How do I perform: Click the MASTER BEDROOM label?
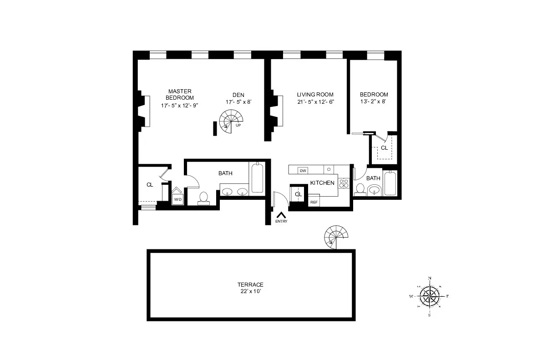point(180,95)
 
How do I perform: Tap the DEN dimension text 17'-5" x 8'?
point(238,102)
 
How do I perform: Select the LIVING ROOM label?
point(315,95)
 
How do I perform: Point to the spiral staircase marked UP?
point(231,122)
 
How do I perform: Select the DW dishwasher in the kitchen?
point(303,171)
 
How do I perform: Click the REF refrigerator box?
point(314,202)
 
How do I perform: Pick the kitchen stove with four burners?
point(344,183)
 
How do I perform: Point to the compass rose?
point(430,296)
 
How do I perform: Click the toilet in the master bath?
point(203,197)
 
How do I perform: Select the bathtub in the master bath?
point(257,178)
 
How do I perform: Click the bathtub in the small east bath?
point(390,183)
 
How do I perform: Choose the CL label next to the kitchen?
point(298,194)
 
